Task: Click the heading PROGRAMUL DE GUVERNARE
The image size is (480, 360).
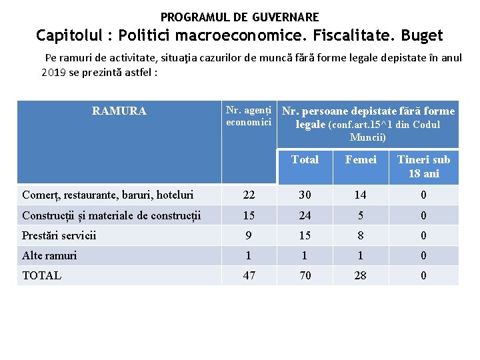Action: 239,17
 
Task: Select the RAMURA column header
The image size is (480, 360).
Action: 119,111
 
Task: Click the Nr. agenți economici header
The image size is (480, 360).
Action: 248,116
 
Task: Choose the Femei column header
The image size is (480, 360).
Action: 361,159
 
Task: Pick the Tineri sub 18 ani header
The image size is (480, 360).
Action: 423,167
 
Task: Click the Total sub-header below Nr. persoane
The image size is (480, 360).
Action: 305,159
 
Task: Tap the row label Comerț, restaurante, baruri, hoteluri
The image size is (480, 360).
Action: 108,195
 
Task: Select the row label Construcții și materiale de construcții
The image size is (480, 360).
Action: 111,215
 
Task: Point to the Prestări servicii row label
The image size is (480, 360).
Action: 59,235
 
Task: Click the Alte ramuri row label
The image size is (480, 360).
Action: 49,255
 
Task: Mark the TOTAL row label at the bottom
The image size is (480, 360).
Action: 41,275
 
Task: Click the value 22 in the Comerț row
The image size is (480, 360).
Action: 249,195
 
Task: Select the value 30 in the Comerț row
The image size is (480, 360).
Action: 305,195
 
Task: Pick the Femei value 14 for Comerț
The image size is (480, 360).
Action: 360,195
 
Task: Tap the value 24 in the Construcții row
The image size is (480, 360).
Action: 305,215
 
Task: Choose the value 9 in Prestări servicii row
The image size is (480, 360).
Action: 249,235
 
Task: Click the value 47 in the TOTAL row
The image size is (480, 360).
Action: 249,275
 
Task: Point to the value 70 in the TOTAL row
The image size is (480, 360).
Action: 305,275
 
